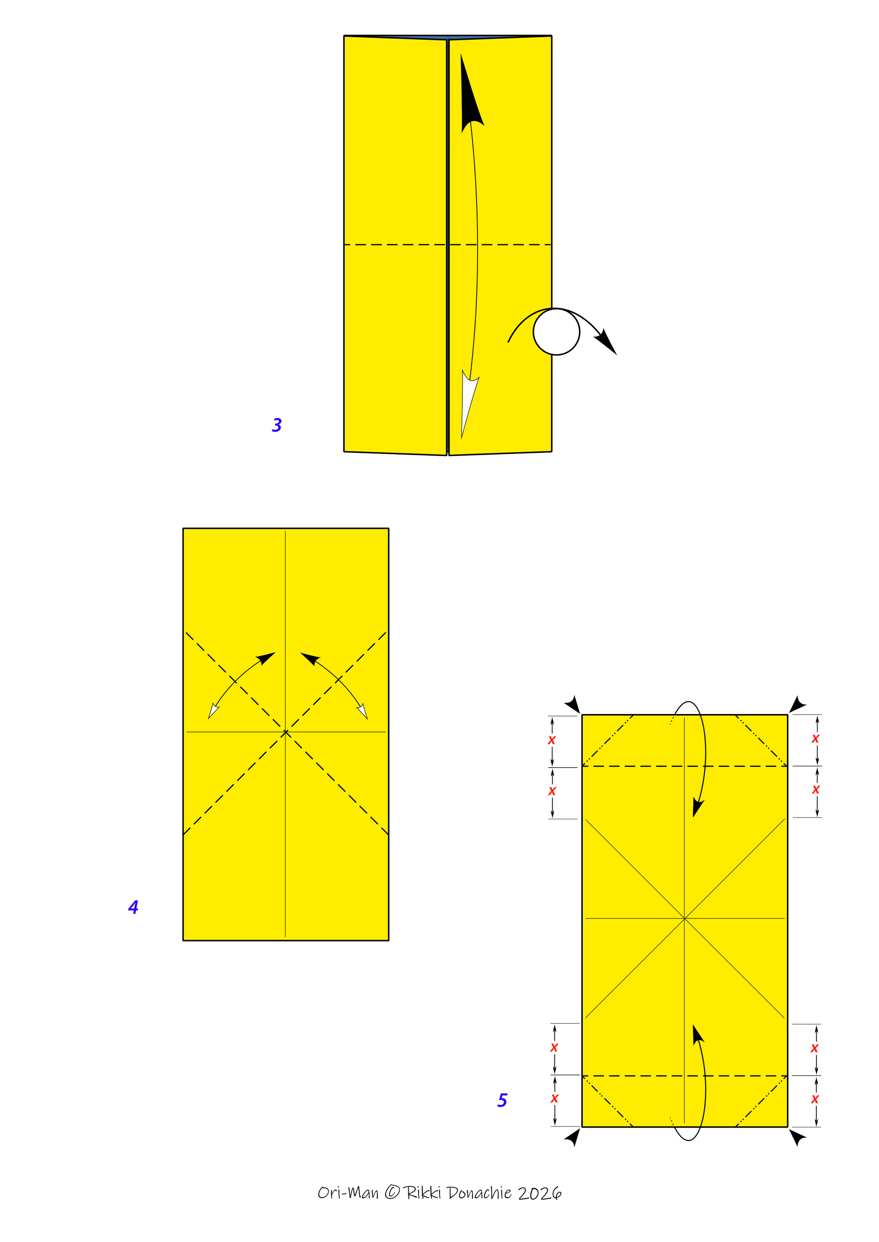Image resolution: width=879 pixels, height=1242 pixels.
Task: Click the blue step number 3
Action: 277,425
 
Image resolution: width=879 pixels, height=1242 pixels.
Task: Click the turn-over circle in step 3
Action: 556,332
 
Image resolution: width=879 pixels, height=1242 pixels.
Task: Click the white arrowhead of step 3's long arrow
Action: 468,403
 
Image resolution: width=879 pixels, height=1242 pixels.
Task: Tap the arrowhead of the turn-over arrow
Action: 606,342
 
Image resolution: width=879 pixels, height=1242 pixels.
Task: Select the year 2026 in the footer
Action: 540,1193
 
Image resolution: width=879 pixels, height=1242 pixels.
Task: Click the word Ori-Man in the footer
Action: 348,1192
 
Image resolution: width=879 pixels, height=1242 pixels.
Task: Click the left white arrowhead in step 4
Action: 213,712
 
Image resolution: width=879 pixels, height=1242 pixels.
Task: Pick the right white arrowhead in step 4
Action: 363,711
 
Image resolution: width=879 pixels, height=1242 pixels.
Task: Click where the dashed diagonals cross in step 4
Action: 286,733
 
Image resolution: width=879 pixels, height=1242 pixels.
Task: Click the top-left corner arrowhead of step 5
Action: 573,705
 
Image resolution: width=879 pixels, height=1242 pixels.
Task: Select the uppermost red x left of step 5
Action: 552,740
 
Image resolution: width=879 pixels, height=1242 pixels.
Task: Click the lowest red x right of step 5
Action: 814,1099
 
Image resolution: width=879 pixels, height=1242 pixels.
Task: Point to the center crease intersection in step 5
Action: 685,919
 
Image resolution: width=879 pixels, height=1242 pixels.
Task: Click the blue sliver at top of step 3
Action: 448,38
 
